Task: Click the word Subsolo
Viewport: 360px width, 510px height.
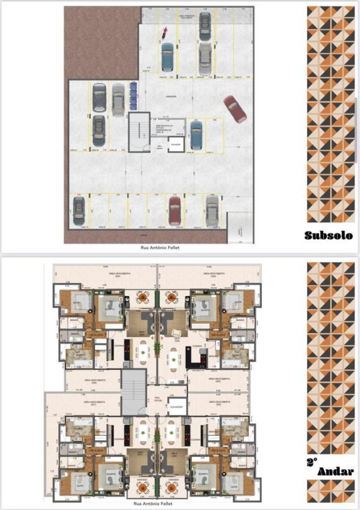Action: point(328,235)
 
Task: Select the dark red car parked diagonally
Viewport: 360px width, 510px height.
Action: point(235,109)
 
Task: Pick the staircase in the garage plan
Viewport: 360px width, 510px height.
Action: point(138,131)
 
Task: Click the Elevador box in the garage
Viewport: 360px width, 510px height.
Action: point(176,144)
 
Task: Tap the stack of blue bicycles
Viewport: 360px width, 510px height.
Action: point(133,95)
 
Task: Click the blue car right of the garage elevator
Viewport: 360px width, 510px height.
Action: point(196,135)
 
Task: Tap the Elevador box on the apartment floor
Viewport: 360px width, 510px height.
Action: point(176,406)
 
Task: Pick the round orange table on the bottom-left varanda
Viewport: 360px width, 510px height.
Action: point(143,486)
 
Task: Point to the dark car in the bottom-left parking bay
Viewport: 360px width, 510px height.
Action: point(79,210)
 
